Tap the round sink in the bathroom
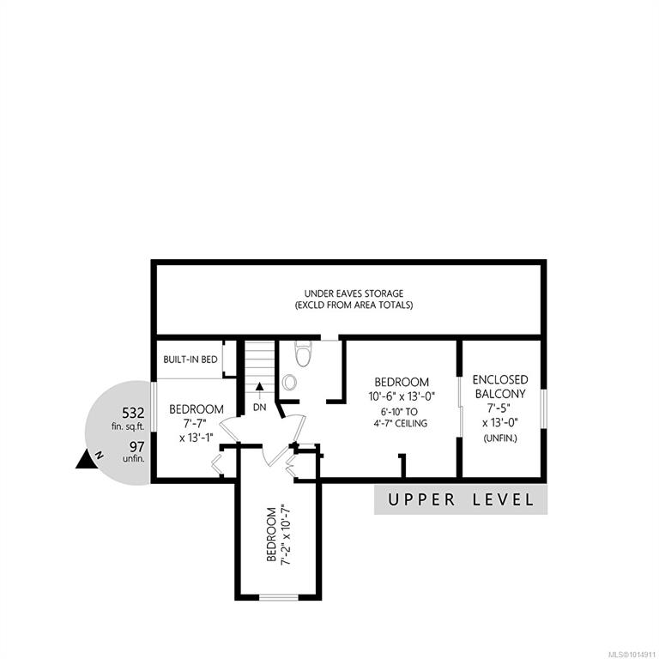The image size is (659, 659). pos(289,382)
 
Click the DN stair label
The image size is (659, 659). pos(260,408)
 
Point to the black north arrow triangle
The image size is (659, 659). pos(86,459)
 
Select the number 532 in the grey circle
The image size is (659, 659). pos(133,413)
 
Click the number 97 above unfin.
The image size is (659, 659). pos(137,446)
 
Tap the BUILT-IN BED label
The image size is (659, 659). pos(190,360)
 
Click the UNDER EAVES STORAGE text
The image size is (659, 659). pos(354,293)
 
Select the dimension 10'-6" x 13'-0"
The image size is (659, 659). pos(402,396)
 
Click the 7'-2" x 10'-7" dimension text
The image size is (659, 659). pos(286,535)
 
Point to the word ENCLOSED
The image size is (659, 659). pos(500,380)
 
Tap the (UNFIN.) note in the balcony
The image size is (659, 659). pos(500,438)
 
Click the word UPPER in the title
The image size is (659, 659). pos(421,499)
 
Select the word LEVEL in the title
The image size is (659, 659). pos(504,499)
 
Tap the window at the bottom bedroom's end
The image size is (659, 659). pos(279,597)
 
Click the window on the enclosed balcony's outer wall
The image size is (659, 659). pos(544,409)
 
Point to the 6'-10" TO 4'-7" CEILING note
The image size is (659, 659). pos(401,418)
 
